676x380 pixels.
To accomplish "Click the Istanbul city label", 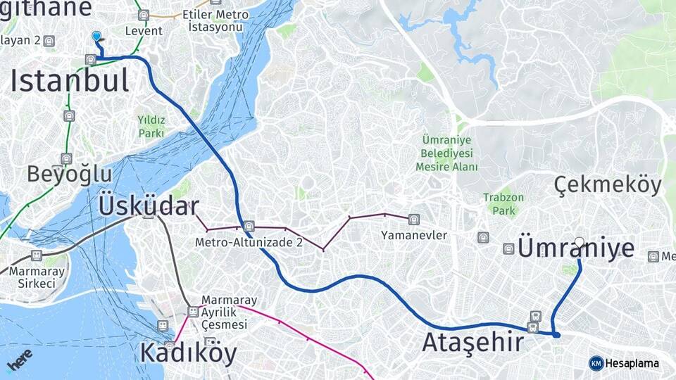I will (70, 81).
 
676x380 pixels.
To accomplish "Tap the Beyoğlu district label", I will (70, 174).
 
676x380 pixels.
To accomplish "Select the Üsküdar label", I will (148, 206).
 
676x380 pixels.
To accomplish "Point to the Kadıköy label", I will (188, 352).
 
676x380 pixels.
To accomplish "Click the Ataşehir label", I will (472, 343).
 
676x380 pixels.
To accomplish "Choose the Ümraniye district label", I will (576, 248).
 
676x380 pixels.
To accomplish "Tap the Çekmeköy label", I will (608, 184).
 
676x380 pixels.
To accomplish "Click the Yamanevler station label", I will (414, 235).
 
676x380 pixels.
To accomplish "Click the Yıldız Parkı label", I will (151, 126).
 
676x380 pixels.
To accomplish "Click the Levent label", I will (144, 31).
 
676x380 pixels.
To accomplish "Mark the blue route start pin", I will (96, 36).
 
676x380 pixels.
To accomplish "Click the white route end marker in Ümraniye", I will (579, 242).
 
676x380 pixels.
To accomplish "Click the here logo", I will (19, 361).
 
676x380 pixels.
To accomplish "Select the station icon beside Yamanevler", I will (413, 219).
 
